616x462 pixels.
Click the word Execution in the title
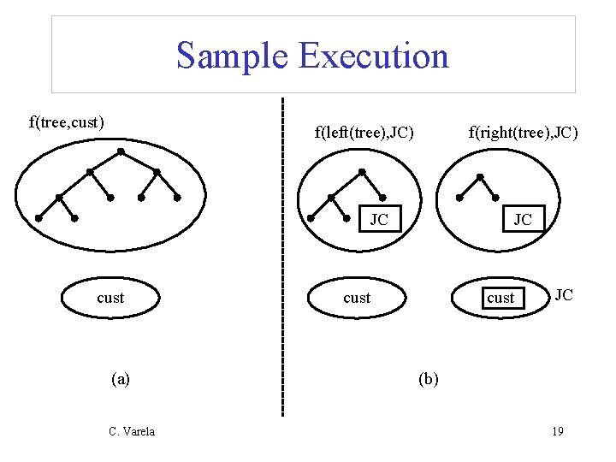click(373, 56)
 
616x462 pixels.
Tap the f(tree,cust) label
click(67, 121)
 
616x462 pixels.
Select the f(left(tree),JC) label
click(364, 132)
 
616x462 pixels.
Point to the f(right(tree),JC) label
click(524, 132)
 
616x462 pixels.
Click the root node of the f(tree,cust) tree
click(121, 152)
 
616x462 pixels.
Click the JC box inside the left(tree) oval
click(379, 220)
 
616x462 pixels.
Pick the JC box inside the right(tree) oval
click(522, 220)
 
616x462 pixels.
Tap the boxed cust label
click(500, 298)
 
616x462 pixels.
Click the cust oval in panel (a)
click(110, 298)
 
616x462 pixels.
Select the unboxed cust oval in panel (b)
click(357, 298)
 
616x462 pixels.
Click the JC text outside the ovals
click(564, 295)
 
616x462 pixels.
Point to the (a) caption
click(121, 378)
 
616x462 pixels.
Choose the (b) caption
click(429, 378)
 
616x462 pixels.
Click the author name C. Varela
click(132, 431)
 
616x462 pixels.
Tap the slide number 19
click(557, 431)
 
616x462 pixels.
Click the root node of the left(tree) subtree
click(362, 172)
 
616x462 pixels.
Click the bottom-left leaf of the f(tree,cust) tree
click(38, 218)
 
